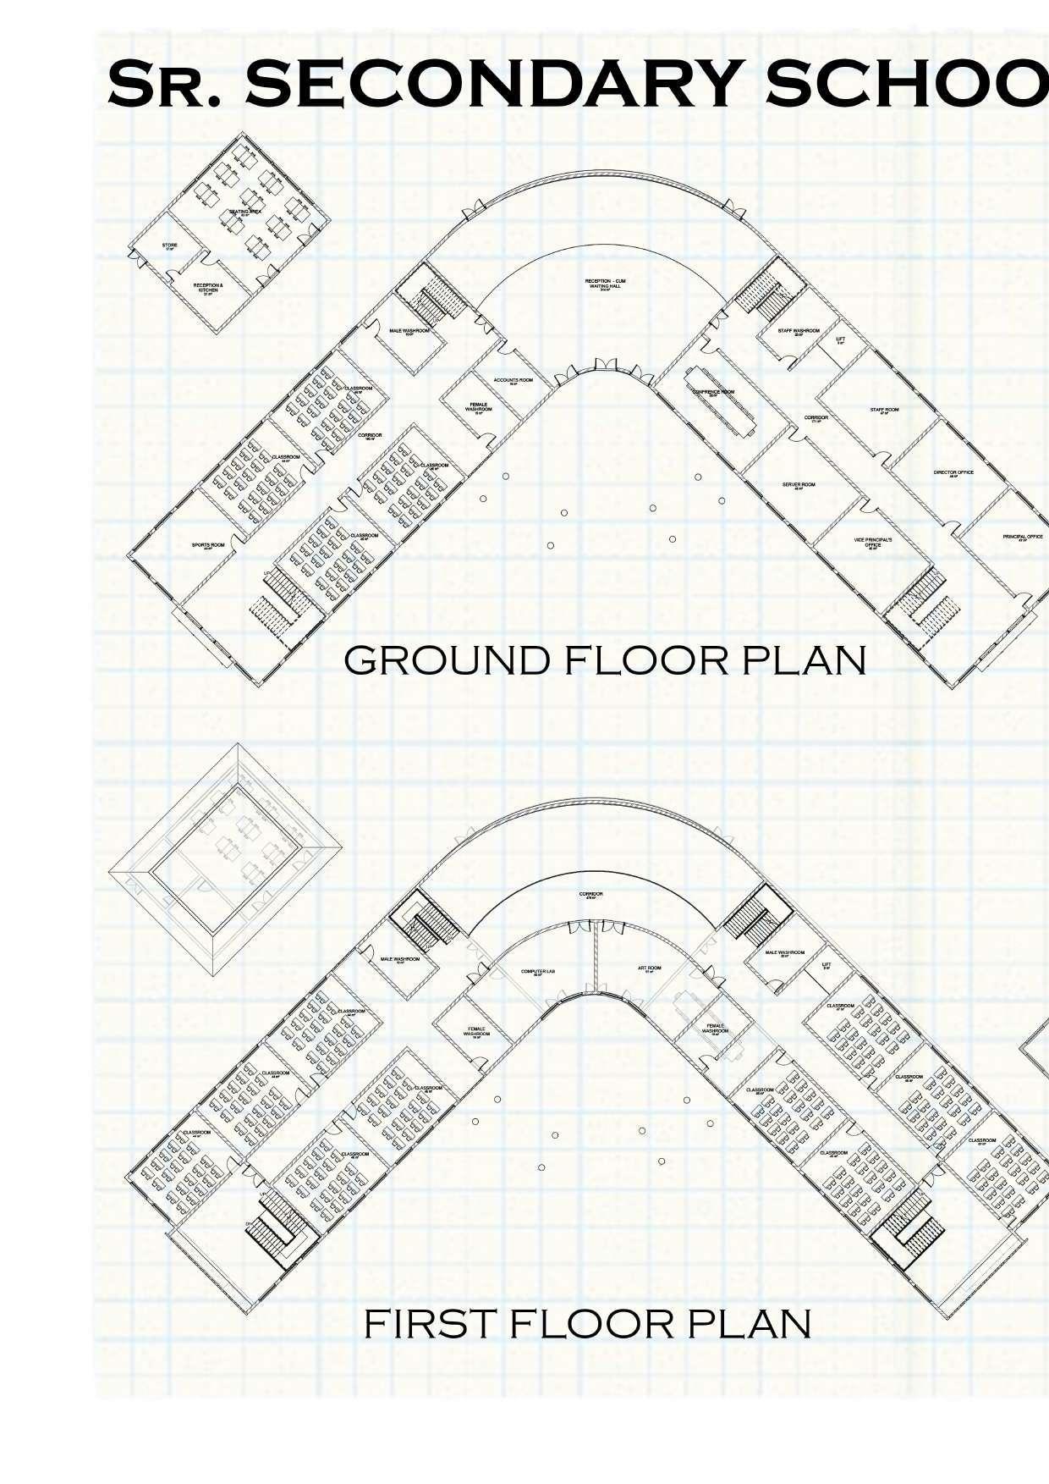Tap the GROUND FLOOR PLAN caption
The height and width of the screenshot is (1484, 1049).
click(x=605, y=660)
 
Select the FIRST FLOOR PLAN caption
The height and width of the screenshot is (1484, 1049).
click(x=587, y=1324)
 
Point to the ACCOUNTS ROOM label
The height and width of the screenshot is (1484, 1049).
click(x=514, y=381)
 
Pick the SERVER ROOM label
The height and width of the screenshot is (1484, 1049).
click(x=798, y=485)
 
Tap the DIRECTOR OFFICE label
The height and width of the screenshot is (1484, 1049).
click(x=953, y=473)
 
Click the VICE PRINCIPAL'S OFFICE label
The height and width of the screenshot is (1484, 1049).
click(x=873, y=543)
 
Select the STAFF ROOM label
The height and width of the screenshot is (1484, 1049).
click(x=885, y=411)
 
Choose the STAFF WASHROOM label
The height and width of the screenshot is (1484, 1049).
click(x=799, y=331)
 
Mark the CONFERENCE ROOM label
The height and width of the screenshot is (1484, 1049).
click(x=713, y=393)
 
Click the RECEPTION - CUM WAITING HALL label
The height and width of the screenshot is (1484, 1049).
click(x=606, y=284)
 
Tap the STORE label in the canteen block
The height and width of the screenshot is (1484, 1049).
click(x=169, y=246)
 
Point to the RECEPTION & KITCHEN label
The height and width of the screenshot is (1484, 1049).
click(x=208, y=288)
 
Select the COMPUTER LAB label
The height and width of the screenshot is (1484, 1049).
click(x=536, y=971)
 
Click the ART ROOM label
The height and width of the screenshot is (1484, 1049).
click(x=649, y=968)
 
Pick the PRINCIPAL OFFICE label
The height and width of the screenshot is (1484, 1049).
click(x=1022, y=537)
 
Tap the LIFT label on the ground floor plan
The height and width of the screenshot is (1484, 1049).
click(x=840, y=340)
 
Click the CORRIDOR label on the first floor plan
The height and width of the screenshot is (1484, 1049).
click(x=590, y=895)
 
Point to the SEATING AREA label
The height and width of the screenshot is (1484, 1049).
click(x=244, y=212)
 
